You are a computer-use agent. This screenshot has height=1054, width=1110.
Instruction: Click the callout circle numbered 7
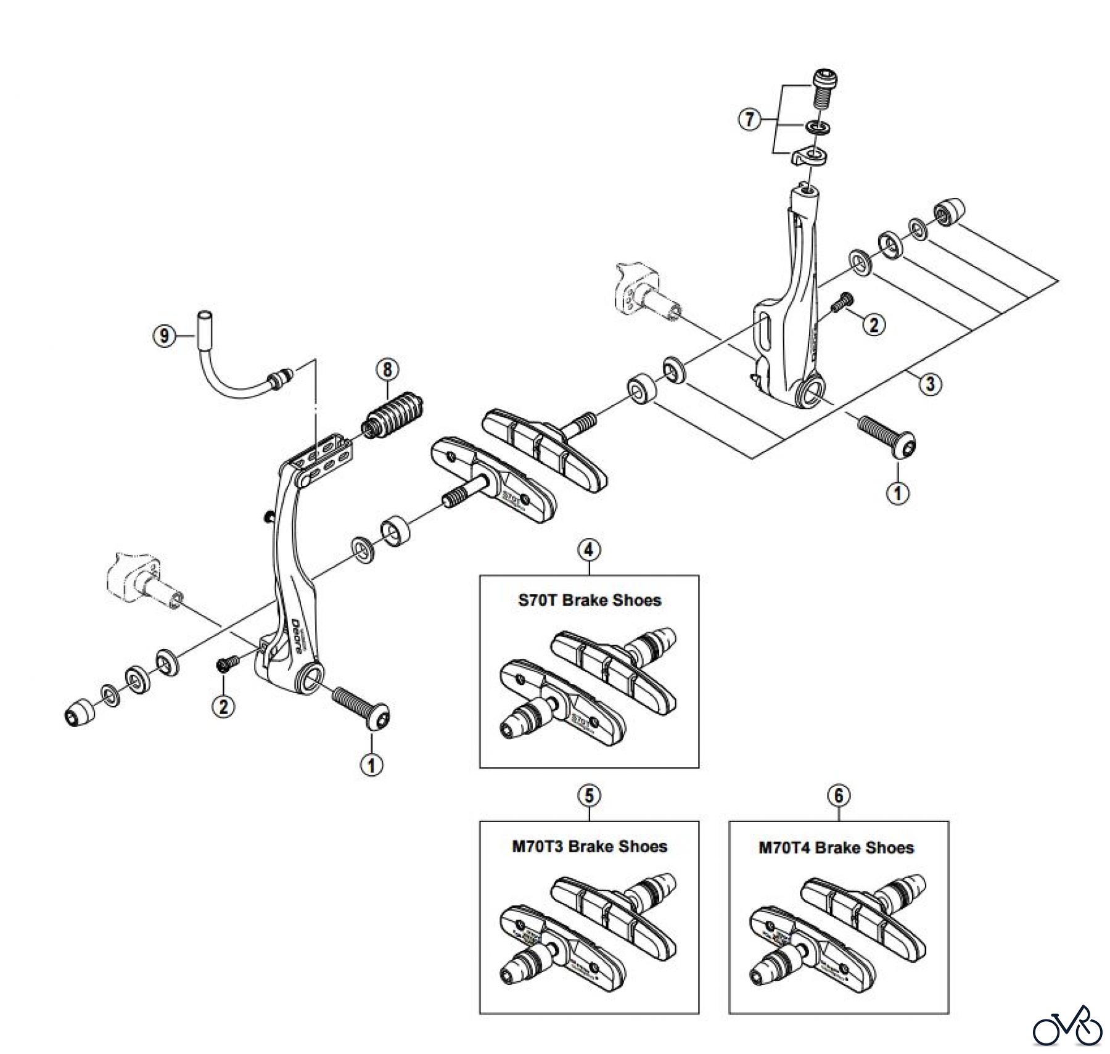click(749, 119)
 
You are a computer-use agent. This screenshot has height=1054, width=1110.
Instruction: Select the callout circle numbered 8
click(387, 370)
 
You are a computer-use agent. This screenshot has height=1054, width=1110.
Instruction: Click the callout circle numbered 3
click(930, 384)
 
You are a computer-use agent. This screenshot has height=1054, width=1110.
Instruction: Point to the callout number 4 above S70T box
click(589, 548)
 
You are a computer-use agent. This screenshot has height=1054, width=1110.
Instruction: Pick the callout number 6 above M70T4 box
click(839, 796)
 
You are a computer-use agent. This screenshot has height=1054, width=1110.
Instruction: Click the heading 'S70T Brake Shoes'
click(589, 600)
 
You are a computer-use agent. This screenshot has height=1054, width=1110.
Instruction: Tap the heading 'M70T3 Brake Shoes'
click(589, 846)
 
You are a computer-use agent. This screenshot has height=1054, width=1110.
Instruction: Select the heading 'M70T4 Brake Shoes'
click(836, 847)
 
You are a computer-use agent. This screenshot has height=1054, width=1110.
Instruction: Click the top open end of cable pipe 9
click(202, 318)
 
